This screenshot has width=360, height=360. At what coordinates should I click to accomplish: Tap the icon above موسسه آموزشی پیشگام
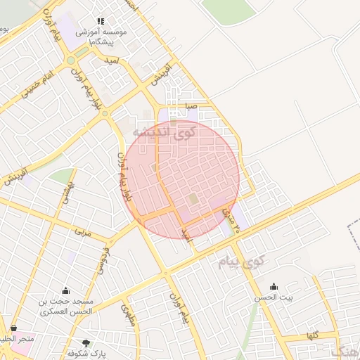(x=101, y=21)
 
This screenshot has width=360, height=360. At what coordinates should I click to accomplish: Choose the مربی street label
(x=82, y=229)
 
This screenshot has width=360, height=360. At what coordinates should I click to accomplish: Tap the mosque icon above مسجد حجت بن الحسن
(x=66, y=290)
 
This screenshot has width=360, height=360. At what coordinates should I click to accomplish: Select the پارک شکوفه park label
(x=86, y=354)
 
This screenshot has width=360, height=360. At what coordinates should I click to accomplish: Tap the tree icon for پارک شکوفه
(x=86, y=342)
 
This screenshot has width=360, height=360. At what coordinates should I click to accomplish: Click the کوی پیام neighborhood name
(x=240, y=263)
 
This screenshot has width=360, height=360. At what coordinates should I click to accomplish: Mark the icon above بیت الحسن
(x=274, y=286)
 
